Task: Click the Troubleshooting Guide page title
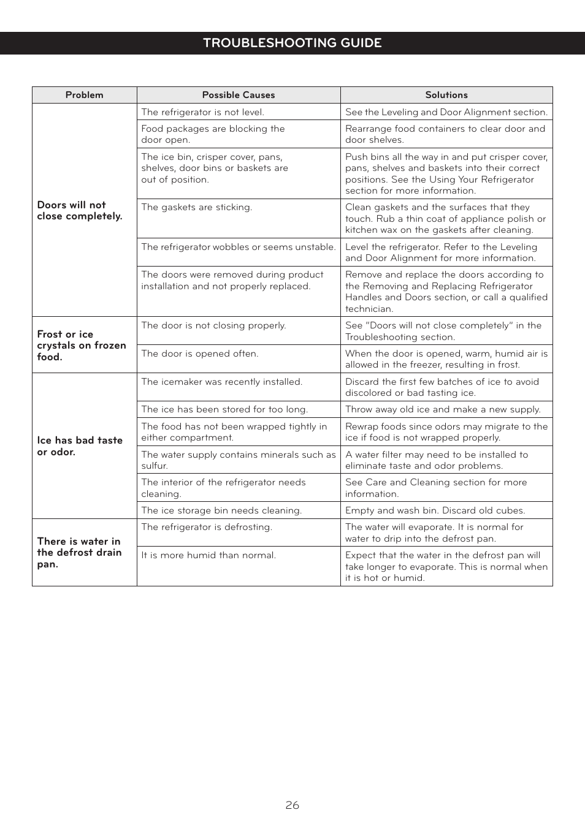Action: click(x=292, y=43)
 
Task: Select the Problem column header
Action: click(x=84, y=95)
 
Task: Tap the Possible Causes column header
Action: click(x=239, y=95)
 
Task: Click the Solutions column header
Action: click(x=446, y=95)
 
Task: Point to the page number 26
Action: click(x=292, y=805)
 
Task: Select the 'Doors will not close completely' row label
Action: click(x=80, y=210)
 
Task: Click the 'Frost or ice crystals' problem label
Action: click(x=81, y=346)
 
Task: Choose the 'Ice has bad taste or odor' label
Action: click(x=80, y=446)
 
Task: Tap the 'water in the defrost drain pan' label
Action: click(x=79, y=553)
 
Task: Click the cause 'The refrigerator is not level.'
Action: click(x=202, y=112)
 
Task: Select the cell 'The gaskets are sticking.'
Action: click(x=196, y=207)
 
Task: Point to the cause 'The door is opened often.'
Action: click(x=200, y=354)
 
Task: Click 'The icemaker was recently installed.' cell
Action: click(x=221, y=382)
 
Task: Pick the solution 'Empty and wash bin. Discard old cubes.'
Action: click(x=435, y=510)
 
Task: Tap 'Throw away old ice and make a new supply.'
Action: click(x=443, y=409)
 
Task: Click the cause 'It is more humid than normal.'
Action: click(x=208, y=555)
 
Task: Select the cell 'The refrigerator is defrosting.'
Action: click(x=207, y=527)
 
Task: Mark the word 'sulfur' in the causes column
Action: click(x=154, y=466)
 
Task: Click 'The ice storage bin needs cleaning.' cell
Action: click(x=221, y=510)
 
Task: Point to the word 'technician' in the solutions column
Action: click(x=369, y=309)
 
